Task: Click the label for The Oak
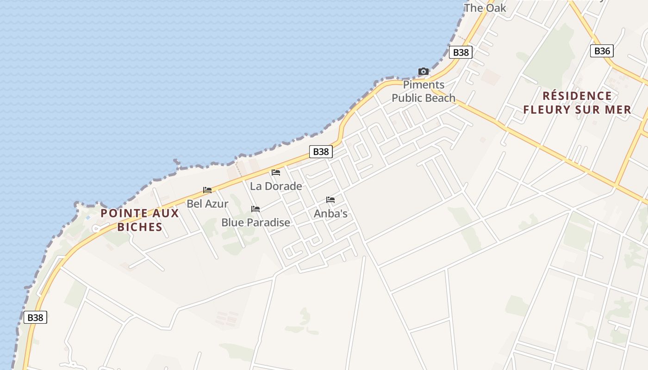coord(485,8)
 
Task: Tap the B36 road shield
coord(602,51)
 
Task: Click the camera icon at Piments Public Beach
coord(423,71)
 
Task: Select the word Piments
coord(424,85)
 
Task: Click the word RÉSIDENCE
coord(577,96)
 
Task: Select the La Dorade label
coord(276,186)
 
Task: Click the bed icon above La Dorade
coord(276,173)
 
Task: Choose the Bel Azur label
coord(207,203)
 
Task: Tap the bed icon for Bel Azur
coord(207,190)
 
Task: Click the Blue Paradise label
coord(255,222)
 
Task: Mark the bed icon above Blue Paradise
coord(255,209)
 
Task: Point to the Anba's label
coord(330,214)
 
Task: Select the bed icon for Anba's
coord(330,200)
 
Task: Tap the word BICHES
coord(140,227)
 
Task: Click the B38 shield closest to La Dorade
coord(321,151)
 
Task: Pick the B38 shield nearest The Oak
coord(461,52)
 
